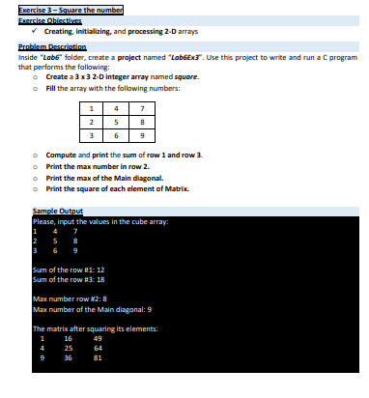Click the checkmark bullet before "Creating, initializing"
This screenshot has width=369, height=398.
point(36,30)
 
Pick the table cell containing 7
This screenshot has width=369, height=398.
point(171,107)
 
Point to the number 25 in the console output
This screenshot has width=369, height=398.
point(69,348)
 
